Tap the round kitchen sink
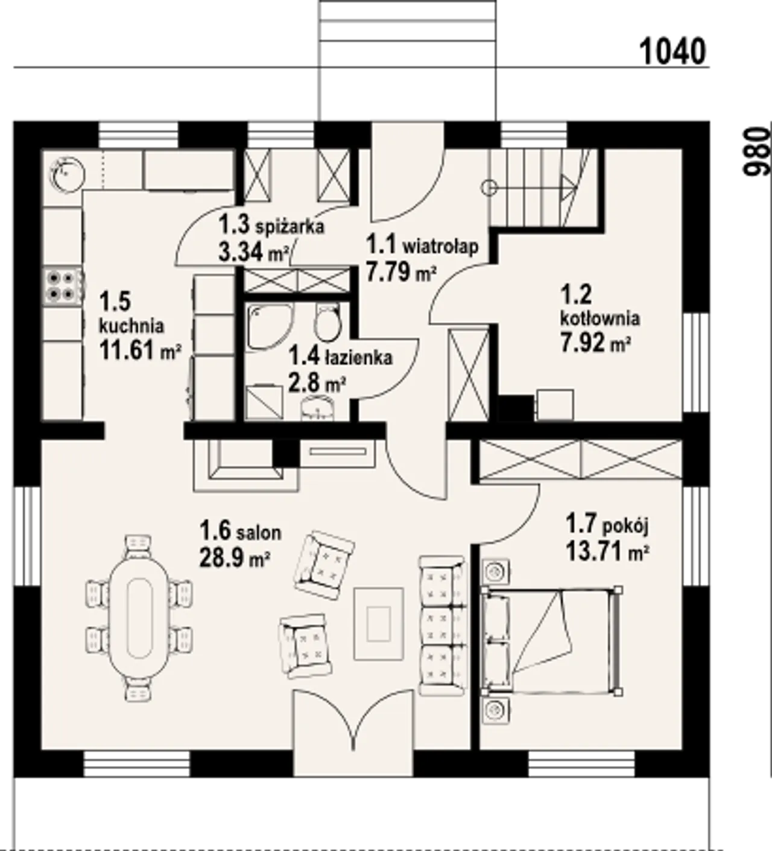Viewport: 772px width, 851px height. point(68,174)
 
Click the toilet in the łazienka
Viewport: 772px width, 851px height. point(327,323)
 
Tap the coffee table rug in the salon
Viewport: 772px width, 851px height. point(379,624)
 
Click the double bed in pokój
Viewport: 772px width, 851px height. point(552,641)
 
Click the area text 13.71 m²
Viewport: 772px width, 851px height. point(607,552)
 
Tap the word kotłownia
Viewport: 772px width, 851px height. point(600,318)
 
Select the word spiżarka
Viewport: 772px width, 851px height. point(289,227)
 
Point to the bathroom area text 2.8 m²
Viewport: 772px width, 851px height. point(316,382)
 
